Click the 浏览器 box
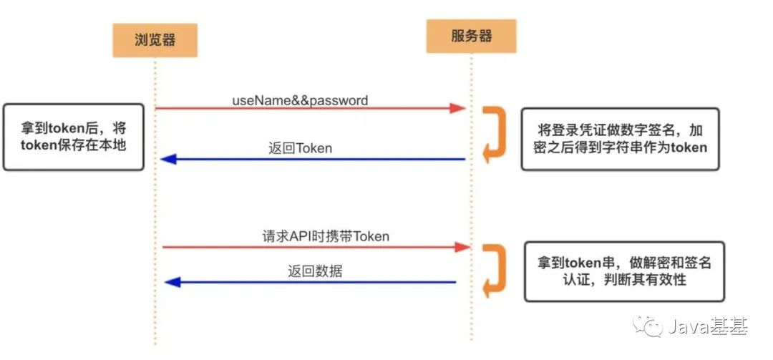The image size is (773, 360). point(155,40)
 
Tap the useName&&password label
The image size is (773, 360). point(300,100)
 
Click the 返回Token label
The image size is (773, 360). point(300,148)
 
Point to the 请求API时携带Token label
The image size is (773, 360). point(325,235)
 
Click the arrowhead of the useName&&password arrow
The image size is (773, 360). point(458,108)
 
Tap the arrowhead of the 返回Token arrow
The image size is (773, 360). point(168,159)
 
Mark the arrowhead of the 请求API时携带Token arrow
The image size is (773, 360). point(462,246)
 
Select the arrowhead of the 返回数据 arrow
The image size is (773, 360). point(172,282)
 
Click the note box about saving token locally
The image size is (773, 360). point(74,137)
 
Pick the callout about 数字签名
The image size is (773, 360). point(620,139)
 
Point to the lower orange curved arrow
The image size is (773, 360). point(494,271)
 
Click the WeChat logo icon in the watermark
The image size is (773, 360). point(653,328)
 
